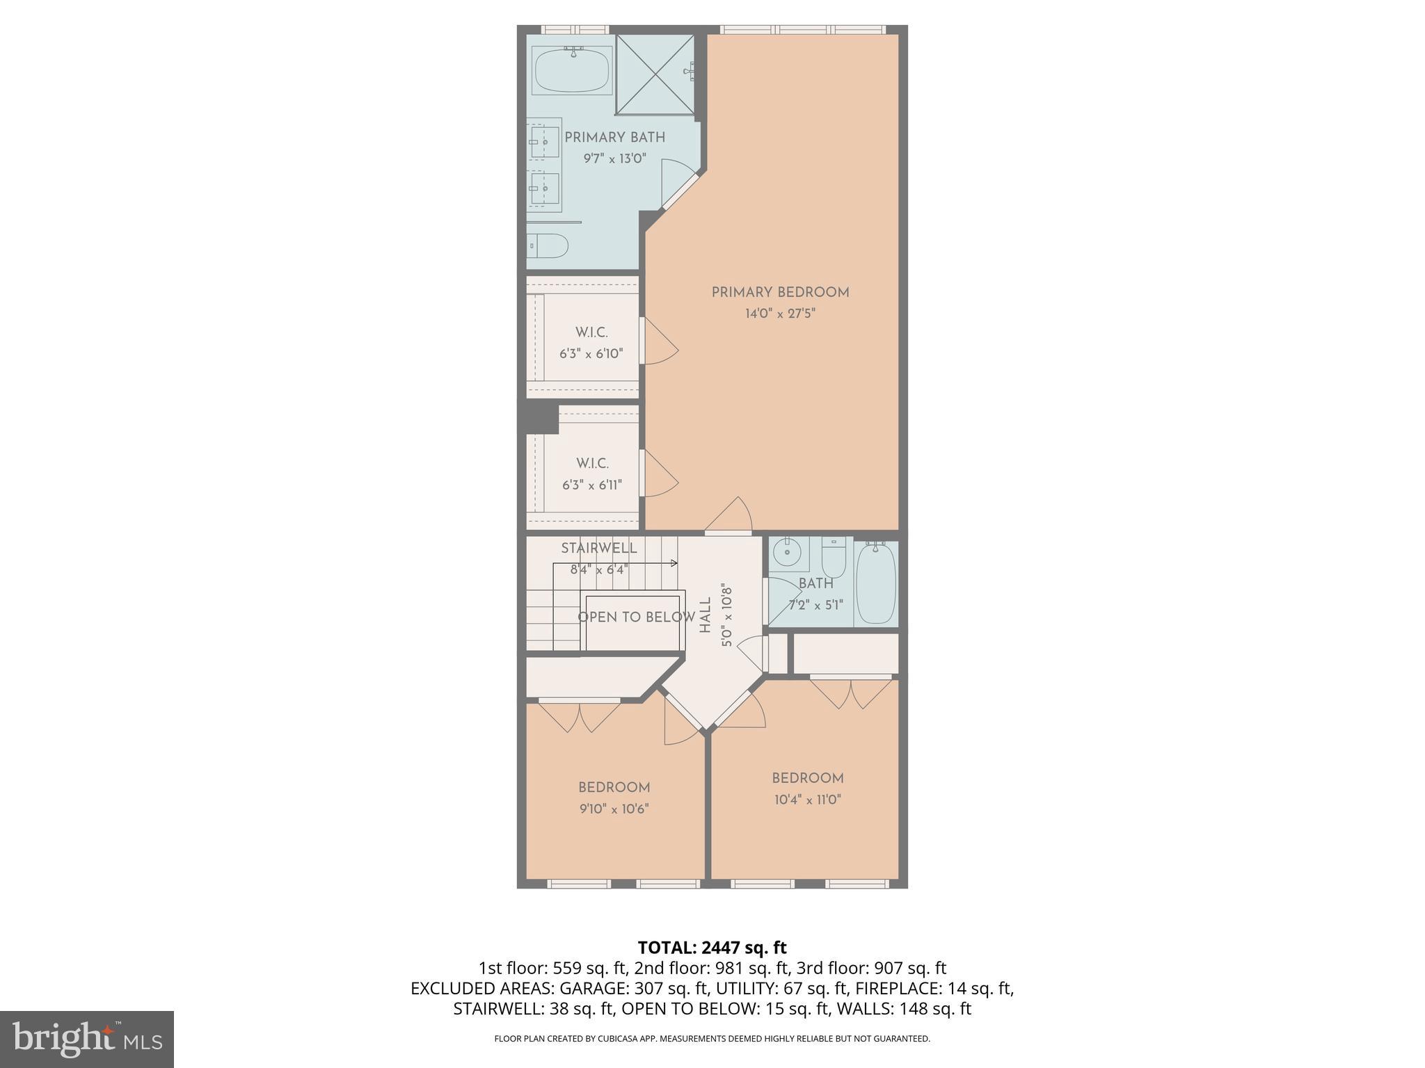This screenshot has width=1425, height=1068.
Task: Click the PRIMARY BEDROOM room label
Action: pos(780,293)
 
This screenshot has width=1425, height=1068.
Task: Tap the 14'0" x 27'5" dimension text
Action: pos(780,314)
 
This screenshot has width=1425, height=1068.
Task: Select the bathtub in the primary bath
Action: pos(572,70)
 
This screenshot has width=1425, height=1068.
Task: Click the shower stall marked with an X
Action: pos(655,74)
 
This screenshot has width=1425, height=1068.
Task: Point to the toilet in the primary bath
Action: pos(548,245)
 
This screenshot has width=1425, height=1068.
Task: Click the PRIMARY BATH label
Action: pos(614,138)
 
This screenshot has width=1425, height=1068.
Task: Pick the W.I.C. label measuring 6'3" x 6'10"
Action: pos(591,333)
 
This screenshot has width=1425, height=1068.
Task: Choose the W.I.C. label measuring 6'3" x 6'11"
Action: pos(592,464)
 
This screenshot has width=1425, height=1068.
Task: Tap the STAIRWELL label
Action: pos(599,548)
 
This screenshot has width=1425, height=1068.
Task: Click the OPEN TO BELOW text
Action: pos(636,617)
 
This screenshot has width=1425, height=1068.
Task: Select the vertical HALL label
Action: pos(706,615)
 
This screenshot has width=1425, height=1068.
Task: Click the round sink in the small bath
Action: pos(789,555)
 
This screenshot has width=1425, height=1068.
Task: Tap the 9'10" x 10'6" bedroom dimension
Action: pos(614,809)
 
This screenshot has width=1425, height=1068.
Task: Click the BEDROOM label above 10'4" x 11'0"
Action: pos(807,778)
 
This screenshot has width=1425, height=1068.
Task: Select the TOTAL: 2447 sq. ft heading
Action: pos(712,948)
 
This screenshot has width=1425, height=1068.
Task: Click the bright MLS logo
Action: pos(87,1039)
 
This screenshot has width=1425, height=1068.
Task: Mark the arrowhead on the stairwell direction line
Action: pos(674,563)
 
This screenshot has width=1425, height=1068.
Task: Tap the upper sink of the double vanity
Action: pos(544,142)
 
